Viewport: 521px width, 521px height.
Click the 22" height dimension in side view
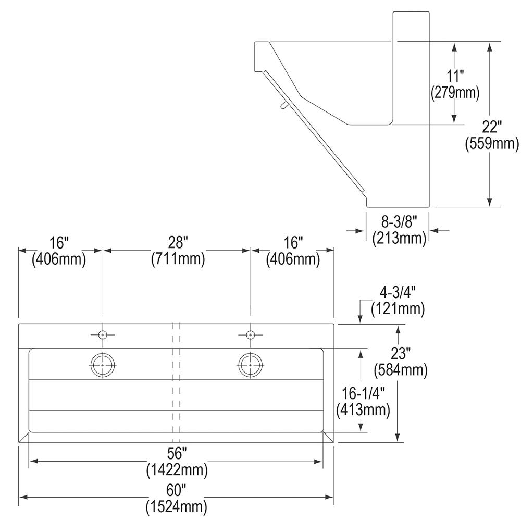491,127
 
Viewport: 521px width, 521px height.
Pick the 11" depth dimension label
454,76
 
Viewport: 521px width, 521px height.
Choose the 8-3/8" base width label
399,222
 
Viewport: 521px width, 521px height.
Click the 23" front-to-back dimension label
401,354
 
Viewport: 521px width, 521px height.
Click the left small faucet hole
103,334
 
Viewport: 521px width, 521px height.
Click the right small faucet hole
251,334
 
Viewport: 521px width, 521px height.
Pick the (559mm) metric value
491,143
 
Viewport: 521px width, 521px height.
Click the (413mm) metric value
364,410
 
